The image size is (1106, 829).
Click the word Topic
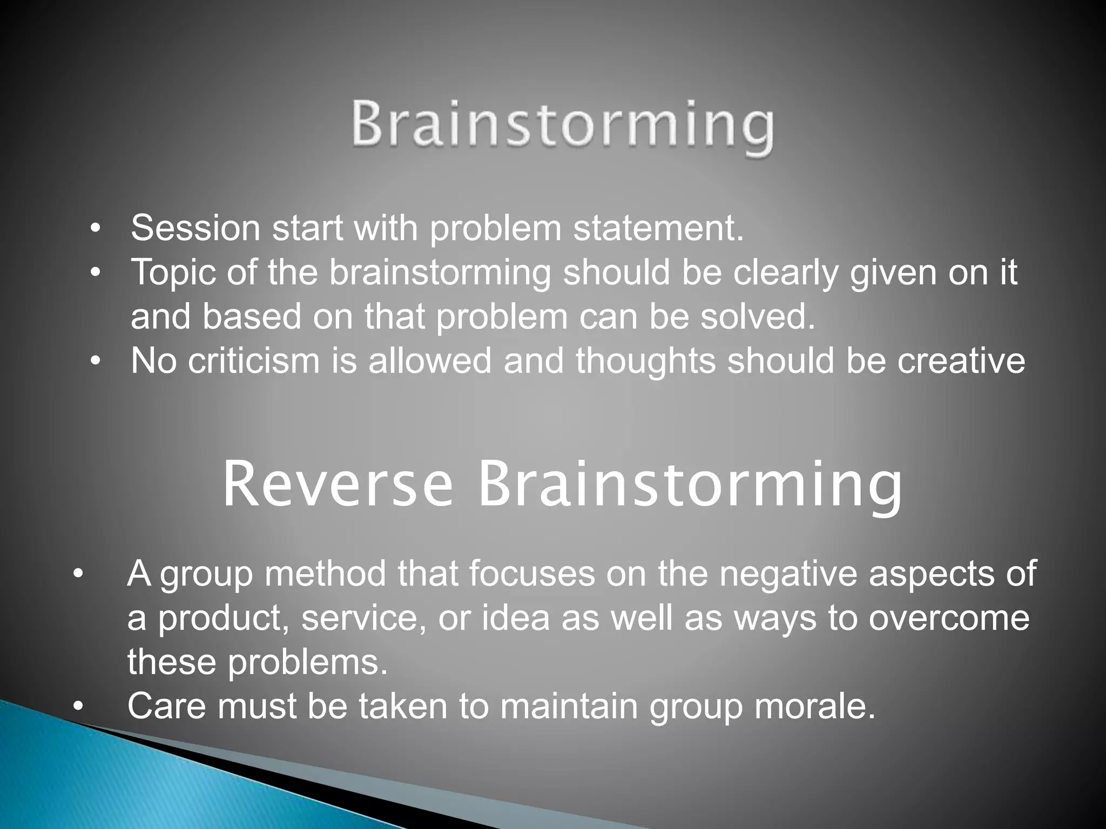(173, 272)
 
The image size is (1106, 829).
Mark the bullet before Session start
(96, 229)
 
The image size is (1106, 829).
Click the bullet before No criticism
(96, 362)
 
